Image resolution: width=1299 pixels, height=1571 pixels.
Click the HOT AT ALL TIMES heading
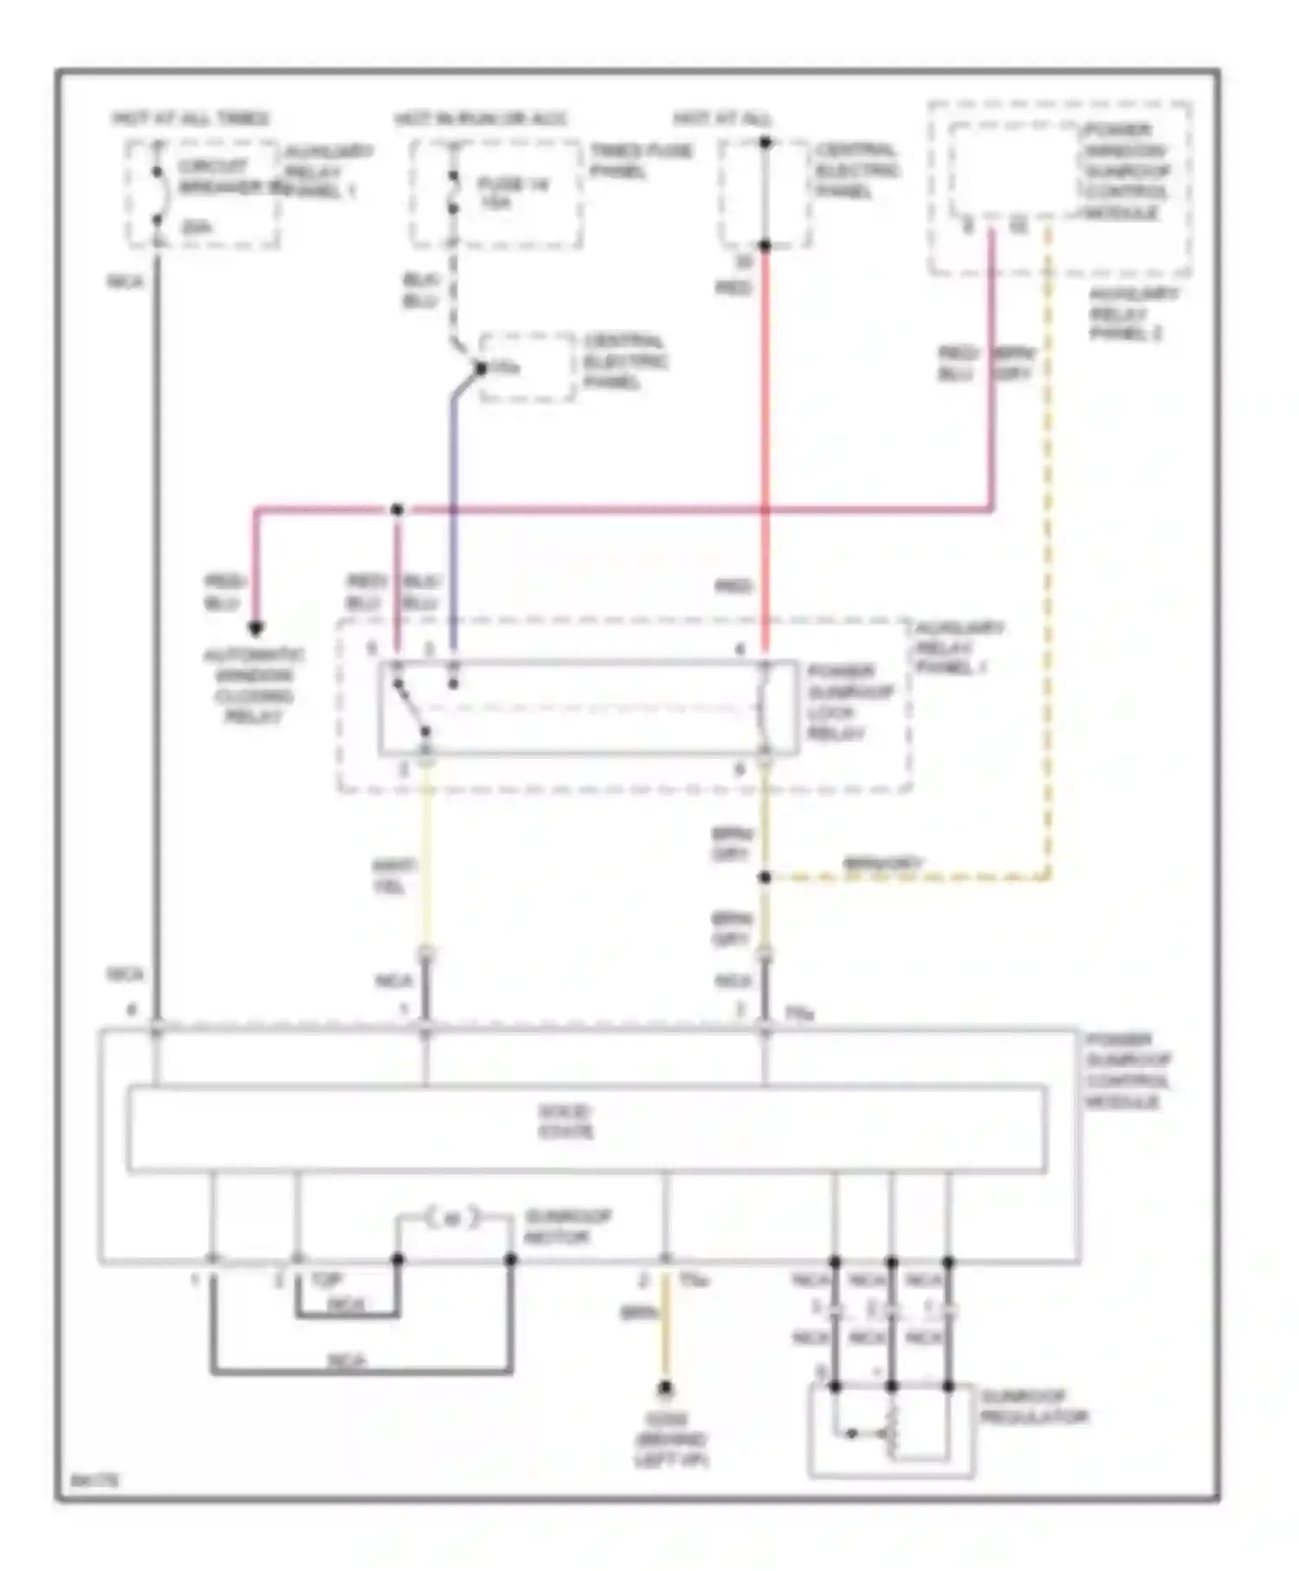(x=191, y=118)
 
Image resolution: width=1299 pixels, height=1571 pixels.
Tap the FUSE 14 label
(x=512, y=193)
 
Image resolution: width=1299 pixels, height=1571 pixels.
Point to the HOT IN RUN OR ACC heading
(x=481, y=118)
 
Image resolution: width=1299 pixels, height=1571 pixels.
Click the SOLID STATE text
(x=565, y=1122)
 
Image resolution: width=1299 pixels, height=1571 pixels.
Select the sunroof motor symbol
(x=453, y=1219)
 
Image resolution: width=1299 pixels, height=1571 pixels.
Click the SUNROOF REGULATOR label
(x=1033, y=1407)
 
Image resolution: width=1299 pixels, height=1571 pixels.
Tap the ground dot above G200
(x=664, y=1390)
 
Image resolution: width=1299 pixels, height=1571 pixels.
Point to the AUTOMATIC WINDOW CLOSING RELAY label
(x=254, y=686)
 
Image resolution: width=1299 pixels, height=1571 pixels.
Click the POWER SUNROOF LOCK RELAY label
(x=850, y=702)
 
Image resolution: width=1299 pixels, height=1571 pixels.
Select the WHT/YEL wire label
(x=394, y=876)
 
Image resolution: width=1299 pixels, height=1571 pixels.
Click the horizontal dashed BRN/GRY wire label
(x=883, y=863)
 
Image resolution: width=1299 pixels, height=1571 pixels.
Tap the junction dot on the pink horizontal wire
(x=397, y=509)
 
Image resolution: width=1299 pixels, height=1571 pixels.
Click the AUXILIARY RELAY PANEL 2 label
(x=1131, y=314)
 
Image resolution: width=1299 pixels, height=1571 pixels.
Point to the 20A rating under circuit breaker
(x=196, y=228)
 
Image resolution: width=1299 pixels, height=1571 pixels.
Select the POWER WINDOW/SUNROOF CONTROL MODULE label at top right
(x=1126, y=171)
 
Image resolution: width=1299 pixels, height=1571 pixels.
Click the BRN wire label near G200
(x=639, y=1313)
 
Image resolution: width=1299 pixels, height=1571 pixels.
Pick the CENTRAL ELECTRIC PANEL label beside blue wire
(x=624, y=361)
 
